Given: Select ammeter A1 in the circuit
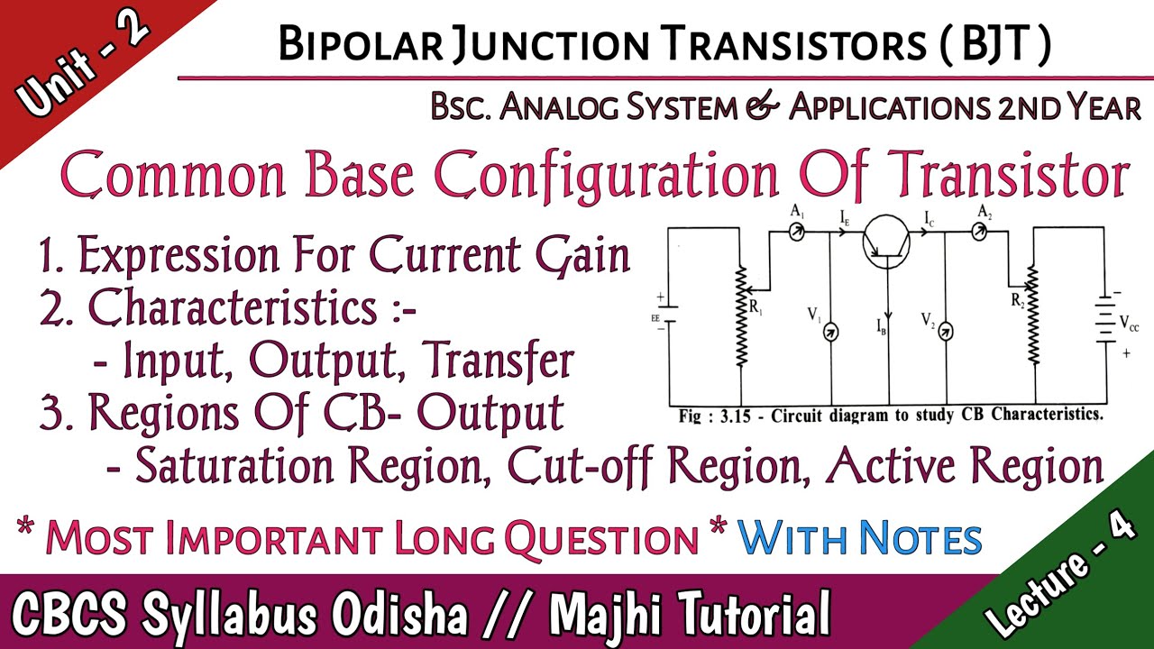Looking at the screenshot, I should pyautogui.click(x=797, y=232).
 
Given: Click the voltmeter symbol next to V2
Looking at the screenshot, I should pyautogui.click(x=945, y=332).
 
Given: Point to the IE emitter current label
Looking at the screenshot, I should pyautogui.click(x=845, y=217).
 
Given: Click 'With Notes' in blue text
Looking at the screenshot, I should pyautogui.click(x=859, y=538).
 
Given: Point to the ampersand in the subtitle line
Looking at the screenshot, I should pyautogui.click(x=763, y=108).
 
